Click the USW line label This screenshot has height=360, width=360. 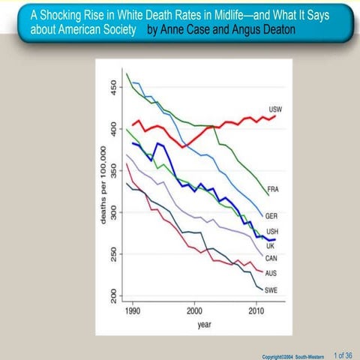pyautogui.click(x=275, y=109)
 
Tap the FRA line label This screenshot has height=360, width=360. pyautogui.click(x=273, y=190)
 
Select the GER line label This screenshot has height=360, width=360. pyautogui.click(x=271, y=216)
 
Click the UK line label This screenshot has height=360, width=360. pyautogui.click(x=270, y=245)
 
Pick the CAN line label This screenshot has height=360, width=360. pyautogui.click(x=271, y=259)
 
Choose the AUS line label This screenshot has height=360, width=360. pyautogui.click(x=271, y=273)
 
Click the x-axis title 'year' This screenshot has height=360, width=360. pyautogui.click(x=203, y=325)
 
